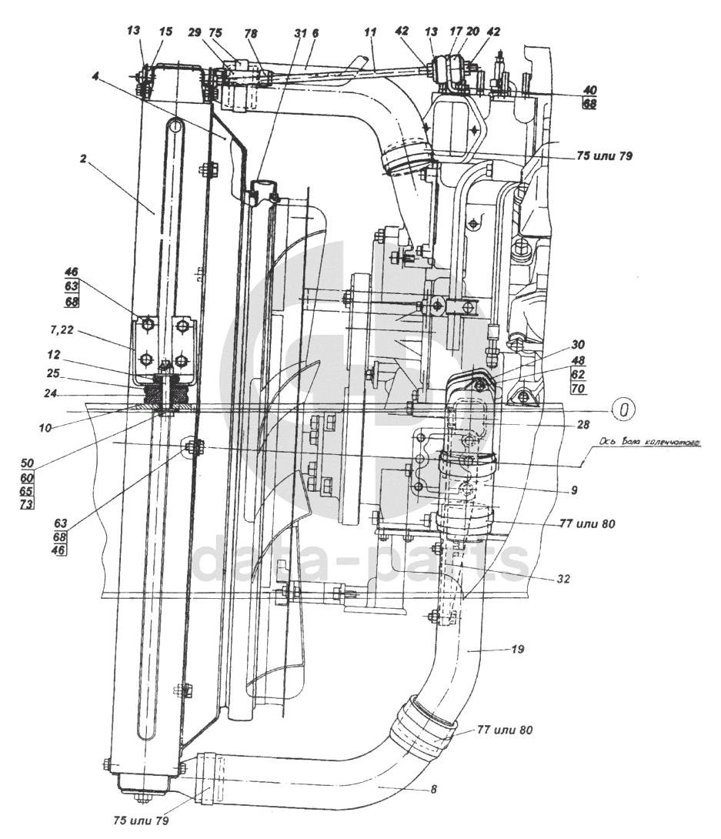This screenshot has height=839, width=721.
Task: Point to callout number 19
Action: point(517,650)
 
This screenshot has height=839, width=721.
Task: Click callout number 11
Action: point(370,33)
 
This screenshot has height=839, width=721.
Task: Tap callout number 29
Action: point(195,33)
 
